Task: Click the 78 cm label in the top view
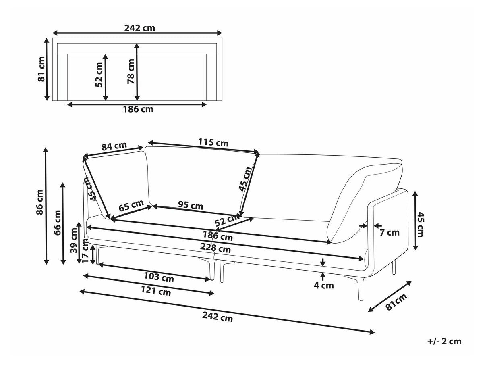coord(131,72)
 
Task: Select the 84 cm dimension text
coord(114,146)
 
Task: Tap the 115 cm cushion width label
coord(213,143)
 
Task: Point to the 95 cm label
coord(191,206)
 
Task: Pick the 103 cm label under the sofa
coord(159,277)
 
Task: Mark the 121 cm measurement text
coord(156,292)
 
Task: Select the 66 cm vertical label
coord(57,222)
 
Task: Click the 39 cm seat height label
coord(74,240)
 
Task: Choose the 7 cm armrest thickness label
coord(389,232)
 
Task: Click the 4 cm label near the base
coord(323,286)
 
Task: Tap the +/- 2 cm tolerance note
coord(444,342)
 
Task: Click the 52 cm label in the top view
coord(99,75)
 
